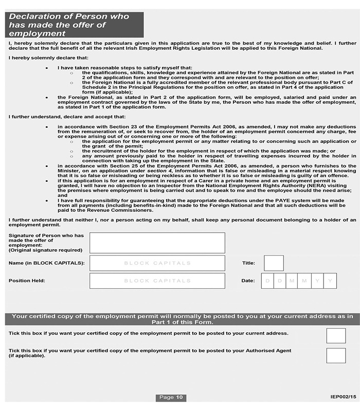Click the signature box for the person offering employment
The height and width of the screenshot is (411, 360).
(157, 242)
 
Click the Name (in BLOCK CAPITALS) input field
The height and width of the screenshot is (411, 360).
(157, 263)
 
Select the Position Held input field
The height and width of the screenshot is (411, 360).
(157, 281)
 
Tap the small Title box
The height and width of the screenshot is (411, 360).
(274, 263)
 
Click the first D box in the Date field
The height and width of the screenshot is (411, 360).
(267, 281)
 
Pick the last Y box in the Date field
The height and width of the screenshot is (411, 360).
(331, 281)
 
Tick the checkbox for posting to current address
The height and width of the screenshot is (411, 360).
(336, 336)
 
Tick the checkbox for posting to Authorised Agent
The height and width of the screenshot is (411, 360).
(336, 355)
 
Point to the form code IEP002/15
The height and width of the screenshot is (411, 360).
(343, 397)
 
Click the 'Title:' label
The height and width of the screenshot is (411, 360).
(248, 263)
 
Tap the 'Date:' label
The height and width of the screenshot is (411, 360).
(248, 281)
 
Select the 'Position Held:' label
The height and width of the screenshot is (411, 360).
(27, 281)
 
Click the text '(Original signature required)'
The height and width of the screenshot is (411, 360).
(45, 250)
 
